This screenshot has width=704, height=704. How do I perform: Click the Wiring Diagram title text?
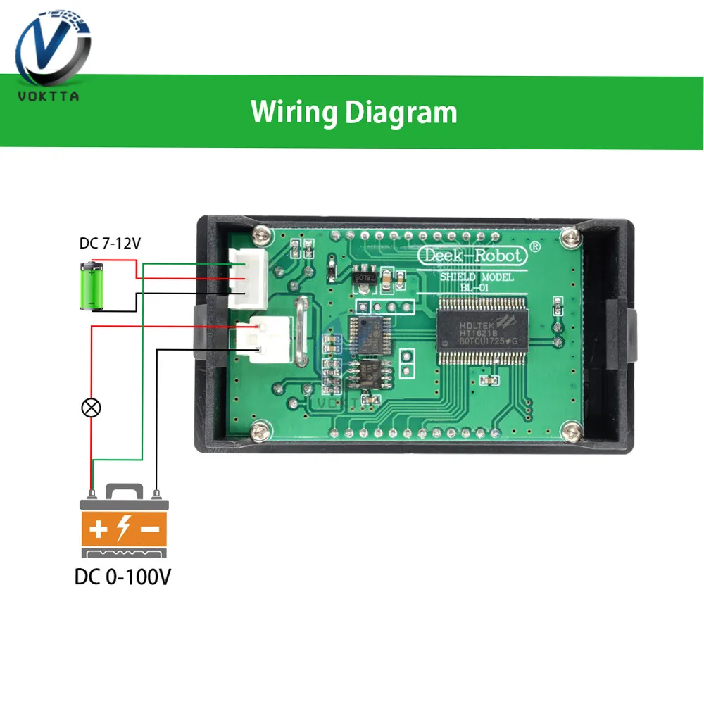click(354, 112)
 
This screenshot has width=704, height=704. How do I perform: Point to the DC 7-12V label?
click(110, 245)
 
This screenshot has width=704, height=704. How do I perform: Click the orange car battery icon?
click(124, 521)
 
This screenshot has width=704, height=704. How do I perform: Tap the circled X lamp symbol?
click(91, 407)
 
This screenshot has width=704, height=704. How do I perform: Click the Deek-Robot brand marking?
click(471, 255)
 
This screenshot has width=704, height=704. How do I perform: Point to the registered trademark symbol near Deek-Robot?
click(535, 247)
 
